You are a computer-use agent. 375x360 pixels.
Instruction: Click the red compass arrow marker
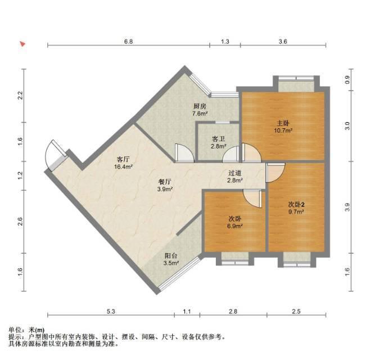(22, 44)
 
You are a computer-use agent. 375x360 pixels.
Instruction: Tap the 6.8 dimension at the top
(128, 42)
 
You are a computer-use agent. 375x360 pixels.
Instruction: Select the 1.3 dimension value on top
(225, 42)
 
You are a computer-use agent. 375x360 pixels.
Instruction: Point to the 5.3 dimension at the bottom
(111, 312)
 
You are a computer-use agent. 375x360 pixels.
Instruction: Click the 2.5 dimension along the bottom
(296, 312)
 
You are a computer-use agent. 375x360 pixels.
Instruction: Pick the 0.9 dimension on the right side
(347, 80)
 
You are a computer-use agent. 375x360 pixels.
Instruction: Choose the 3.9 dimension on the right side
(347, 207)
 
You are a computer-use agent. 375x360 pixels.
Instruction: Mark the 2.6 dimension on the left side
(20, 221)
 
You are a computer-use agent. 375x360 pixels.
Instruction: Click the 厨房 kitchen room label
(200, 106)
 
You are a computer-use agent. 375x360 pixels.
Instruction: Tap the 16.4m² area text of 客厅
(123, 166)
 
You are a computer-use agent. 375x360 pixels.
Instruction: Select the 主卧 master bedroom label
(283, 123)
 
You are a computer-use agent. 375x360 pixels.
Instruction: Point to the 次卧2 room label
(296, 205)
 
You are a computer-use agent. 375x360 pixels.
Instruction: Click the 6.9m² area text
(235, 226)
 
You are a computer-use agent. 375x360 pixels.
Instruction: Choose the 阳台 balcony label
(171, 256)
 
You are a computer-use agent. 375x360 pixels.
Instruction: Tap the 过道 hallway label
(235, 173)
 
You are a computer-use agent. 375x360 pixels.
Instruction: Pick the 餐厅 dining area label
(165, 182)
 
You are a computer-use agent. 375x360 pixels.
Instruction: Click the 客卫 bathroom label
(218, 139)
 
